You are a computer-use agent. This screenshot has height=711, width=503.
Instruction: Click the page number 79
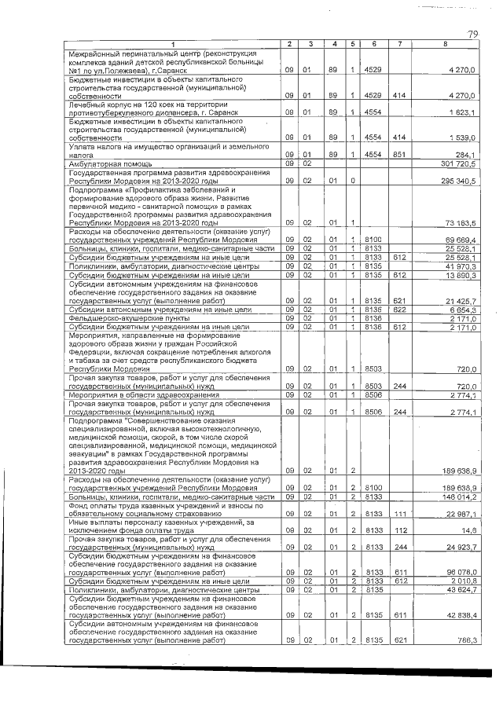(473, 33)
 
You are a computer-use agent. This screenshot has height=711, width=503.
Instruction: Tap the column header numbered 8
(445, 42)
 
